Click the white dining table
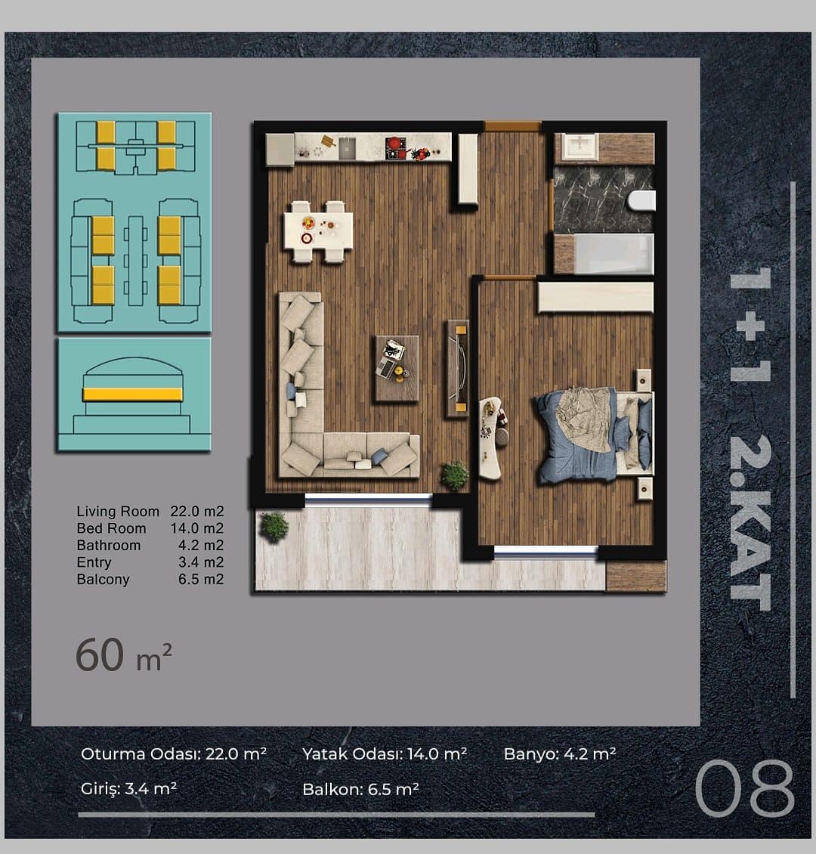(318, 231)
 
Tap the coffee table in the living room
(397, 369)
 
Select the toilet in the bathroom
(641, 200)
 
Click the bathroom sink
(580, 147)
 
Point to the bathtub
(604, 254)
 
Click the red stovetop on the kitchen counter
(396, 147)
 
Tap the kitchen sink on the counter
(348, 148)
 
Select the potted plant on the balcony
(273, 526)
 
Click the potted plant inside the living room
(454, 475)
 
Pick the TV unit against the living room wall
(458, 369)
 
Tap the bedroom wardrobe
(595, 297)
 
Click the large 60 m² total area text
(124, 654)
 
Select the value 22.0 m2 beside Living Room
(197, 512)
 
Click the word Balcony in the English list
(103, 580)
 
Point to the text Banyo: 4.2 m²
(560, 753)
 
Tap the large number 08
(745, 788)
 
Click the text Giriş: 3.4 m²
(128, 789)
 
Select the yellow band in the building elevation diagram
(132, 395)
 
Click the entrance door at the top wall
(512, 126)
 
